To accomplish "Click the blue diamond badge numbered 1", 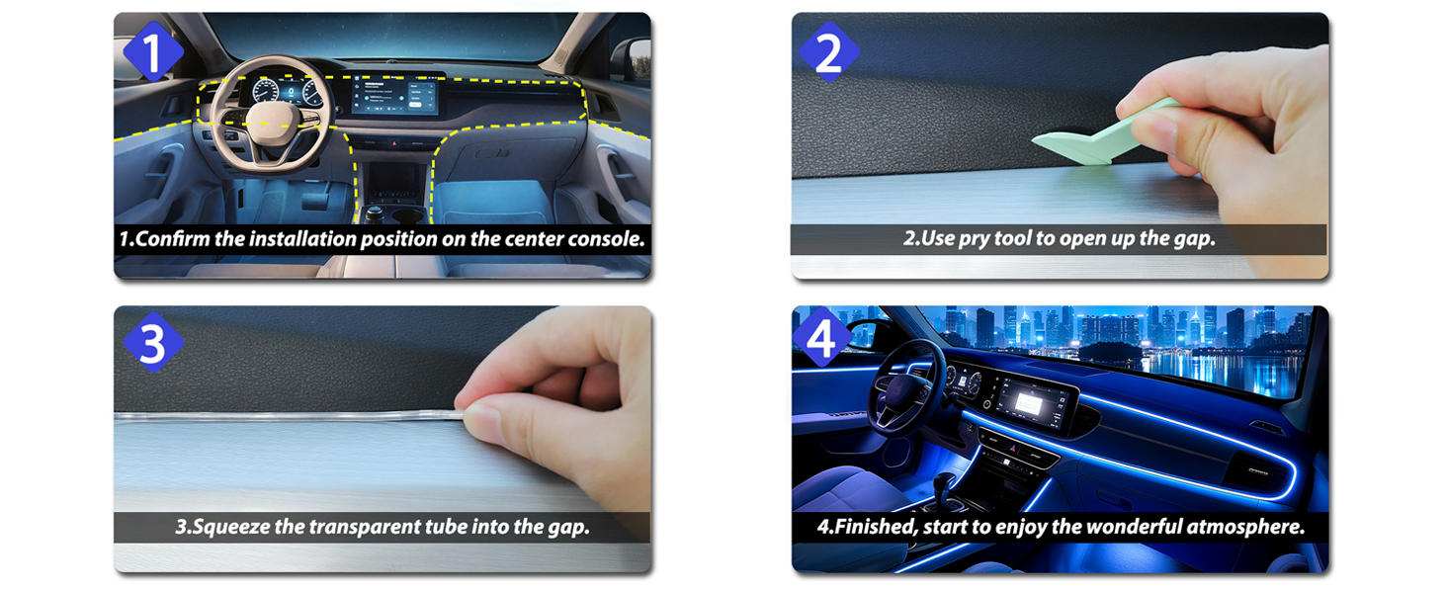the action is [152, 51].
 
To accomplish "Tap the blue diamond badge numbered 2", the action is [829, 51].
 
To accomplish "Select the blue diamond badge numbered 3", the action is [152, 343].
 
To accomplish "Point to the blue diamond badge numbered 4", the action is [821, 338].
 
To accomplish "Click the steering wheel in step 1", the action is [271, 115].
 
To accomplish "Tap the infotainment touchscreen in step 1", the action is [394, 95].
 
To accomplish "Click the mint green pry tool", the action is [1106, 135].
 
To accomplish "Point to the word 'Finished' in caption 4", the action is [875, 527].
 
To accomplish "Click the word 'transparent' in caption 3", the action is [365, 527].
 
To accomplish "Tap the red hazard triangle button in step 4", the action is [1012, 447].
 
